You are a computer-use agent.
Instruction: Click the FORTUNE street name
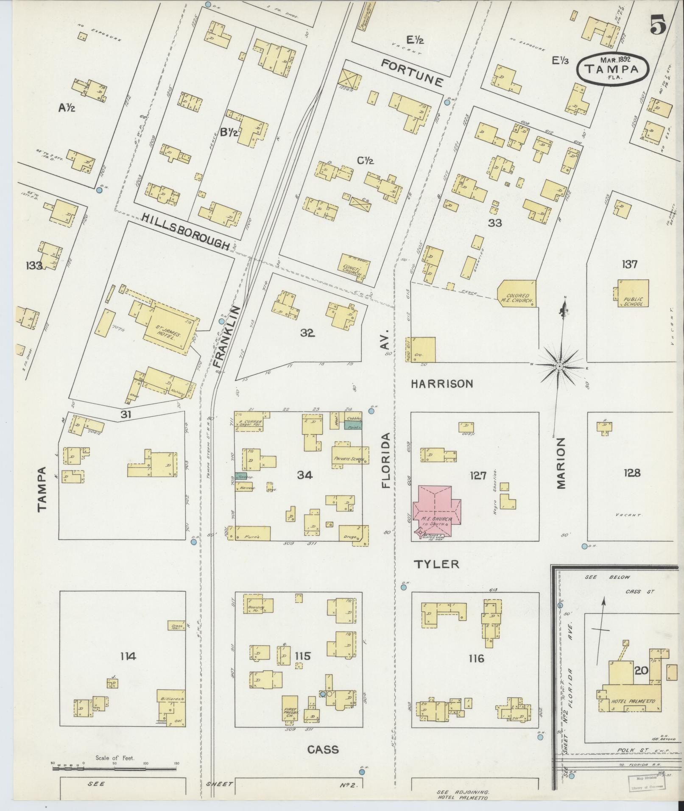pyautogui.click(x=412, y=72)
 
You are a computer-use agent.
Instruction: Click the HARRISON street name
pyautogui.click(x=442, y=384)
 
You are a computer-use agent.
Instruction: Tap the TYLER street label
pyautogui.click(x=436, y=564)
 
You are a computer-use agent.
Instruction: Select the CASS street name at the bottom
pyautogui.click(x=323, y=750)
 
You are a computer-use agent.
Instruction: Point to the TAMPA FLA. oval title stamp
pyautogui.click(x=613, y=68)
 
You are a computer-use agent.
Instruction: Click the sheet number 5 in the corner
pyautogui.click(x=657, y=26)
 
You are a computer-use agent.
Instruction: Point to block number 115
pyautogui.click(x=303, y=657)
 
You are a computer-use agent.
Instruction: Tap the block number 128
pyautogui.click(x=631, y=473)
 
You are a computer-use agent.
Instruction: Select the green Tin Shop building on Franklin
pyautogui.click(x=241, y=477)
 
